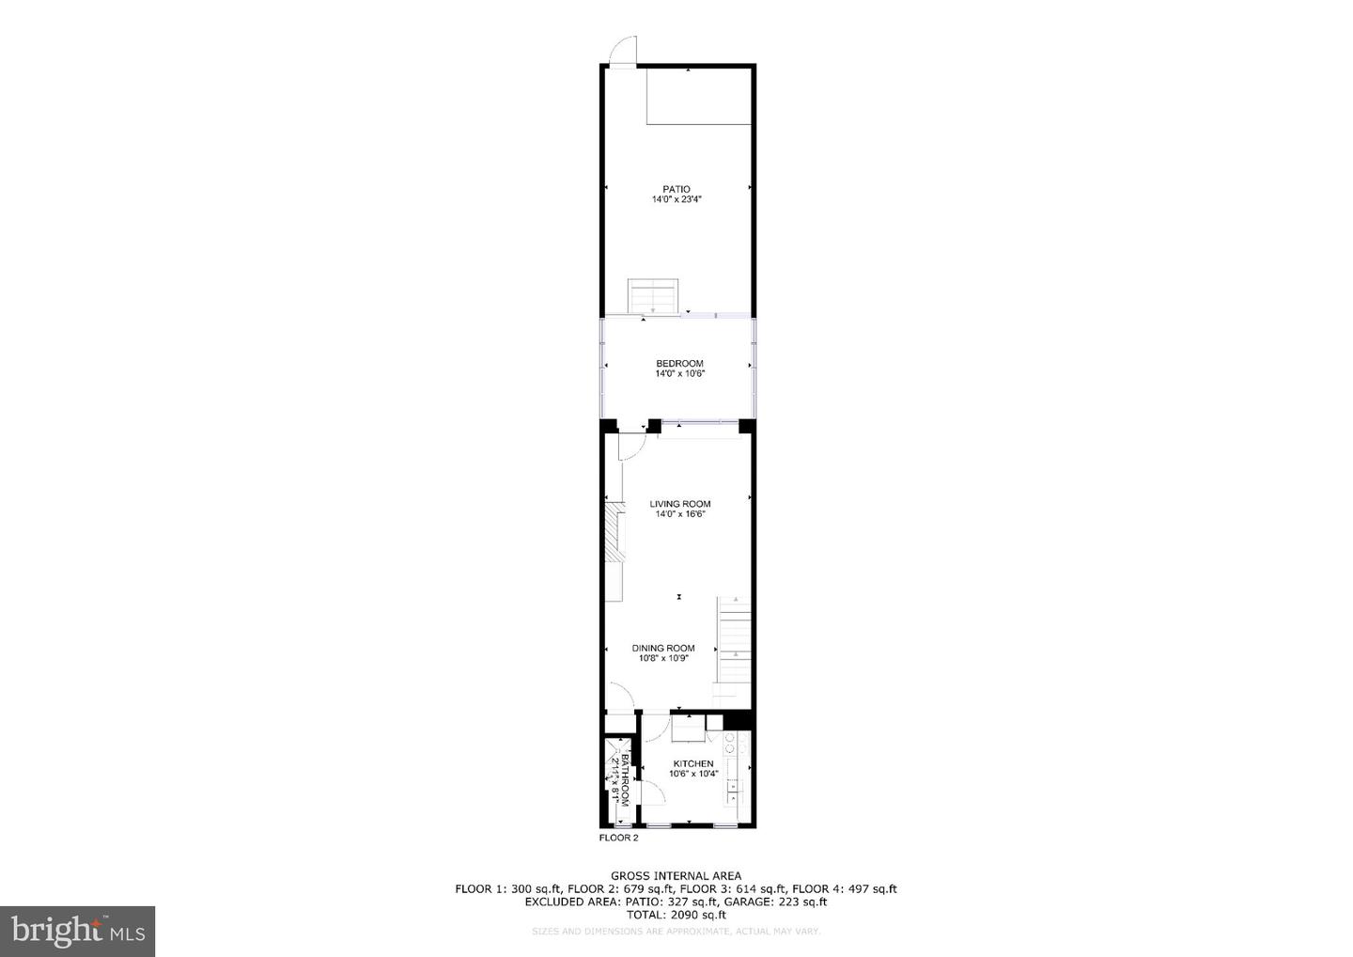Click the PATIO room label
pyautogui.click(x=676, y=190)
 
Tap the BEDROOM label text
pyautogui.click(x=679, y=364)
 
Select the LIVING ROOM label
pyautogui.click(x=680, y=504)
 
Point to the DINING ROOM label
pyautogui.click(x=663, y=648)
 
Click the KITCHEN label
pyautogui.click(x=693, y=764)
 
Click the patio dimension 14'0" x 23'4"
pyautogui.click(x=677, y=200)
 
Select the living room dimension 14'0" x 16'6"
pyautogui.click(x=680, y=514)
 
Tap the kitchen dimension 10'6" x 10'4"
pyautogui.click(x=693, y=775)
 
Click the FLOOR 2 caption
pyautogui.click(x=618, y=838)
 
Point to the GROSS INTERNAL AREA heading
pyautogui.click(x=676, y=876)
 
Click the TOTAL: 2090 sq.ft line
pyautogui.click(x=676, y=915)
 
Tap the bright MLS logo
pyautogui.click(x=77, y=932)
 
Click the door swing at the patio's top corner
pyautogui.click(x=623, y=51)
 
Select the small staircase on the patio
pyautogui.click(x=653, y=296)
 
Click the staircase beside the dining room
pyautogui.click(x=735, y=639)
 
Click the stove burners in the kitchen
pyautogui.click(x=729, y=743)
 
